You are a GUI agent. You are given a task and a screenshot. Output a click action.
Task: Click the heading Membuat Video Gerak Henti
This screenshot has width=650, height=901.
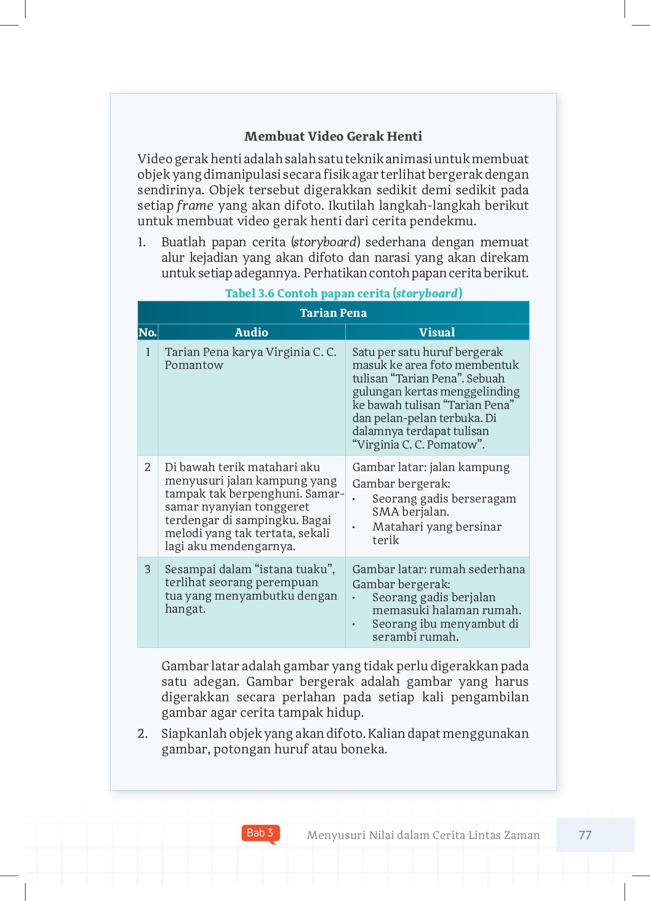[x=333, y=136]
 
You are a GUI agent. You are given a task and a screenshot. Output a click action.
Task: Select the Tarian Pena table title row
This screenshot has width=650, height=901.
[x=333, y=313]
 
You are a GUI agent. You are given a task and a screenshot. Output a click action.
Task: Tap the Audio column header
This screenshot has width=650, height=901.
[x=251, y=332]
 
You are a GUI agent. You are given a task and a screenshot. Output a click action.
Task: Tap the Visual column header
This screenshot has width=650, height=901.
[x=437, y=332]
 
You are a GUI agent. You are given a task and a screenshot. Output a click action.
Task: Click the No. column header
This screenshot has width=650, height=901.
[x=147, y=332]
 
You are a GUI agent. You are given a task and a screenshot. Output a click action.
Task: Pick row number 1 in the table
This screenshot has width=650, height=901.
[x=148, y=352]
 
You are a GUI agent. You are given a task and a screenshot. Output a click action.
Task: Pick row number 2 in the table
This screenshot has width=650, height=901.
[x=147, y=467]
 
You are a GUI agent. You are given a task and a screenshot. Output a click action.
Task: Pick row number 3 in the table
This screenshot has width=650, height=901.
[x=147, y=569]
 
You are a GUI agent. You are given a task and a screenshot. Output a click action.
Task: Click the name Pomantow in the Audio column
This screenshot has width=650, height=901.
[x=194, y=365]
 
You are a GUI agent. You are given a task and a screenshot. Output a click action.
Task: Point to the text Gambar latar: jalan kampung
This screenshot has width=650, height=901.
[x=430, y=467]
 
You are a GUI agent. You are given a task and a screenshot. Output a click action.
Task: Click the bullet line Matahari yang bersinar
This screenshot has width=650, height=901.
[x=437, y=527]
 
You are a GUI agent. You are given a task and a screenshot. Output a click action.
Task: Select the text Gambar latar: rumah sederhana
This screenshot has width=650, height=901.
[x=439, y=569]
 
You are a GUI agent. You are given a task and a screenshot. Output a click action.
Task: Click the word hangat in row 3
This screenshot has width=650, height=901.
[x=184, y=609]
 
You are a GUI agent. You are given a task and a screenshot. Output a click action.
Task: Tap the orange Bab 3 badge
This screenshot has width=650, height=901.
[x=260, y=833]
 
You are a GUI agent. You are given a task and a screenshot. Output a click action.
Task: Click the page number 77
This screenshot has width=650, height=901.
[x=585, y=835]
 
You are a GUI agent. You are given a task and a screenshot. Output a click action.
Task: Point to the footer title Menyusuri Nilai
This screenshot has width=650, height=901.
[x=422, y=835]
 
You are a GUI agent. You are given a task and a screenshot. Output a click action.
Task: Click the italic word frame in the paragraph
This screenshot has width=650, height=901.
[x=194, y=206]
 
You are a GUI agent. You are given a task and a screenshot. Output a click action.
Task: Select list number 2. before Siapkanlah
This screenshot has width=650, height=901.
[x=142, y=734]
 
